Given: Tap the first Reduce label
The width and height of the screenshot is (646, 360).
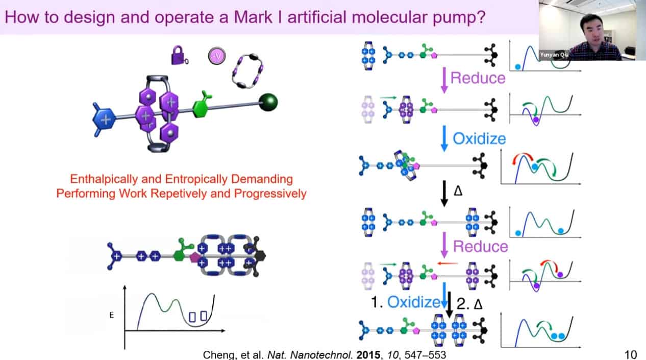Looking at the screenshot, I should (478, 78).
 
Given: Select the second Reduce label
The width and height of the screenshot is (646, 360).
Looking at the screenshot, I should (480, 247).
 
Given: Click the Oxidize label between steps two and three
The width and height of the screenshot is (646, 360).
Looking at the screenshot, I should (479, 139).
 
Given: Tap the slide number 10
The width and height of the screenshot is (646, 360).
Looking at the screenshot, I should (630, 354).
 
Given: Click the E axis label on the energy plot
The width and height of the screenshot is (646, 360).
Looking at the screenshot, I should (111, 315).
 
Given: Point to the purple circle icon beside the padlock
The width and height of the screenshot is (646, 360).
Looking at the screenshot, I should (216, 56).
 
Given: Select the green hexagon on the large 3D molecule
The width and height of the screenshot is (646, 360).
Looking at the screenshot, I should (202, 107).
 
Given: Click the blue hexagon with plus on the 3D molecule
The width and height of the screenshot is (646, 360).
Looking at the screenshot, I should (106, 121).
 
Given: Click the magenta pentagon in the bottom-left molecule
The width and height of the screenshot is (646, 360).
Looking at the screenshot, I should (194, 257).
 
